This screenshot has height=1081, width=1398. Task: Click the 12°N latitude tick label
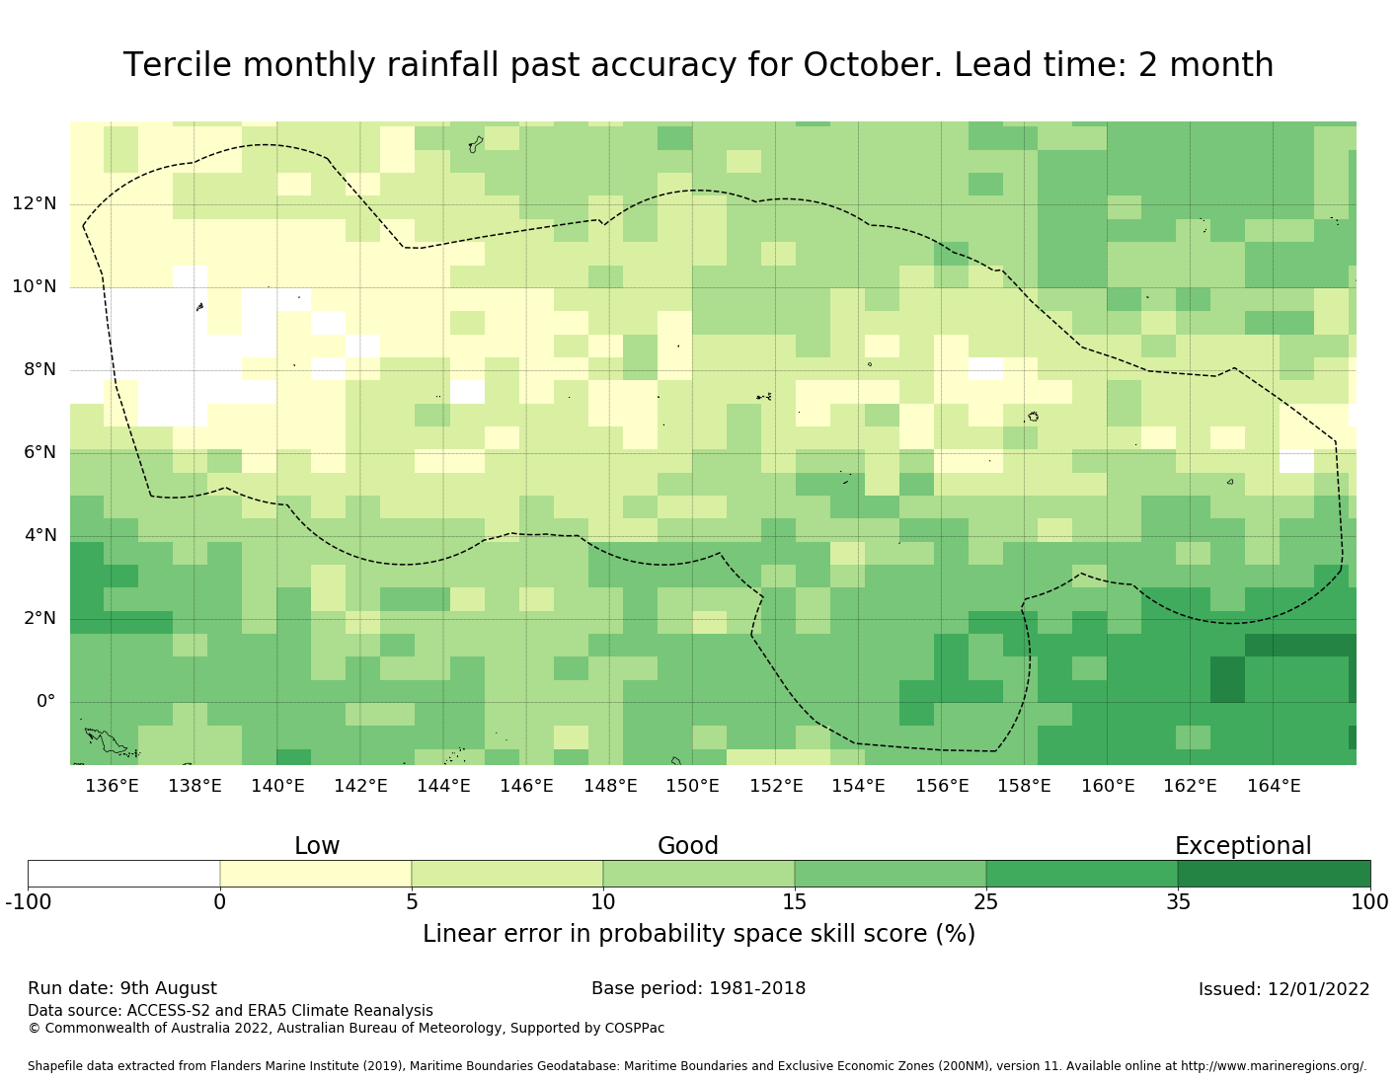coord(35,203)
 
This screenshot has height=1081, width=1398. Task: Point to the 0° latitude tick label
coord(45,700)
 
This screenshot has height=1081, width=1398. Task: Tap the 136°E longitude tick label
coord(112,785)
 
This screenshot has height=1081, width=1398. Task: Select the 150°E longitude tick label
coord(692,785)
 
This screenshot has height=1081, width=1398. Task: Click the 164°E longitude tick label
coord(1274,785)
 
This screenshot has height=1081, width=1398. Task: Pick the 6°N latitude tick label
coord(39,452)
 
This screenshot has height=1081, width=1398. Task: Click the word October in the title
coord(873,65)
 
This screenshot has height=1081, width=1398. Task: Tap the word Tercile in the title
coord(177,65)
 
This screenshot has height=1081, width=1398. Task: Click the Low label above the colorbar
coord(317,845)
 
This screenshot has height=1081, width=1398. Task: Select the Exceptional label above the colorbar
coord(1242,846)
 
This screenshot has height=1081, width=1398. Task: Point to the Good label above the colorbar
coord(688,845)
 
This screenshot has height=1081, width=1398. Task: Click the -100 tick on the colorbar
coord(29,901)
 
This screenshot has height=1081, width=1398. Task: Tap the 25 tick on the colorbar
coord(985,901)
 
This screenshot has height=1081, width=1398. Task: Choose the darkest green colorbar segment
coord(1274,873)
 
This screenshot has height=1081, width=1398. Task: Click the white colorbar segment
coord(124,873)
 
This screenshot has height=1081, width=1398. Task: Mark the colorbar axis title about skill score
coord(699,934)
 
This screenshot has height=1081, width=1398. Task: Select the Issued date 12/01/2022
coord(1318,988)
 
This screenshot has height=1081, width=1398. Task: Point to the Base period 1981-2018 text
coord(698,988)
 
